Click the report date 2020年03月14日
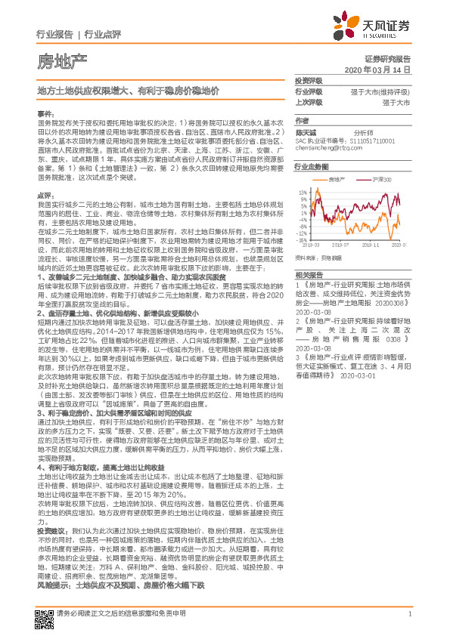click(383, 69)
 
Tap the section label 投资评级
click(308, 80)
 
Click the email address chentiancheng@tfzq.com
click(329, 148)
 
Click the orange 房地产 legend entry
click(335, 180)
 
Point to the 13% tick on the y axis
click(302, 192)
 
